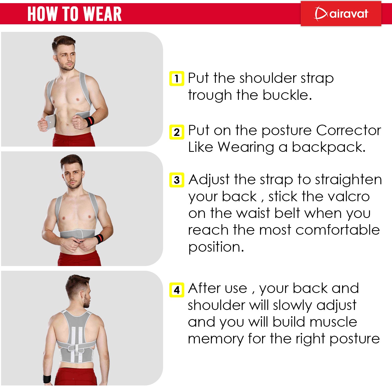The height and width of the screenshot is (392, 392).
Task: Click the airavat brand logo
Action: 341,13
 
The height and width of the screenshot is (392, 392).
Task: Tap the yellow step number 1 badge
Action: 177,78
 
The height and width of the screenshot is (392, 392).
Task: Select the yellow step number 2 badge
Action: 177,132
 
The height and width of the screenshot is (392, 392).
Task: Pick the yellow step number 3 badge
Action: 177,180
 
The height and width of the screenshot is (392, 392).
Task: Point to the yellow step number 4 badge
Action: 177,290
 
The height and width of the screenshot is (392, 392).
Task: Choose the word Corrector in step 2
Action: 348,130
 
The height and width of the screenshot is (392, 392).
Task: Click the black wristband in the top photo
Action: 89,121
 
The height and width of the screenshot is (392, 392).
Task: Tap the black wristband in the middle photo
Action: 99,239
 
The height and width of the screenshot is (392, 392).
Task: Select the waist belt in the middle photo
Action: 77,233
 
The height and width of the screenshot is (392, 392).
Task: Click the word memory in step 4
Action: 216,339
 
